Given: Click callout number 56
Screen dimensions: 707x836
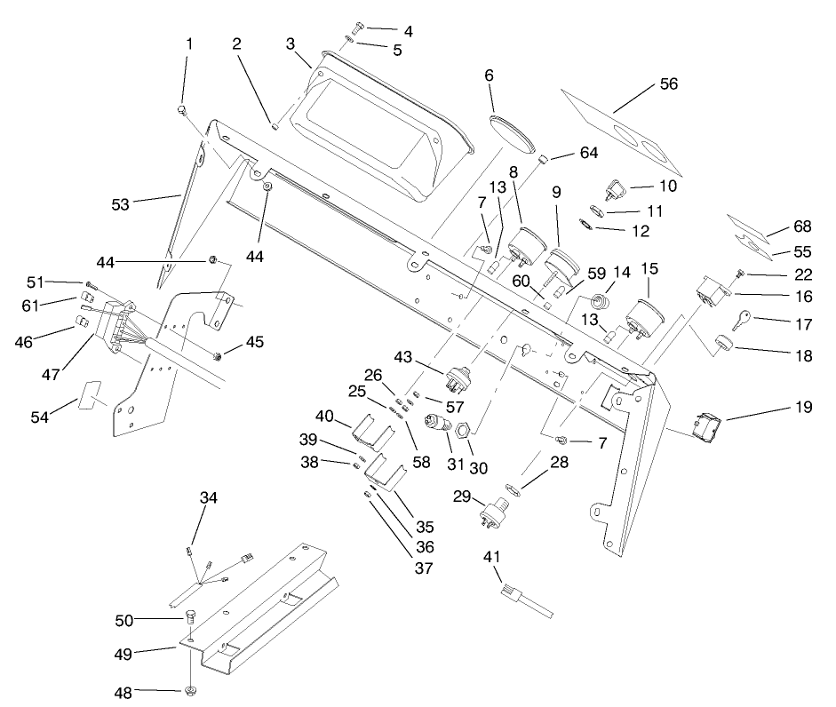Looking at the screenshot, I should [x=668, y=84].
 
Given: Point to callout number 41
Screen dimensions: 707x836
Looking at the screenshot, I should [x=491, y=557].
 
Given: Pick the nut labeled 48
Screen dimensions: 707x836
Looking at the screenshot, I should [x=190, y=690].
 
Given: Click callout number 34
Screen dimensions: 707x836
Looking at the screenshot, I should [x=208, y=498].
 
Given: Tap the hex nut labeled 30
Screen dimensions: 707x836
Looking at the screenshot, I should [x=463, y=430].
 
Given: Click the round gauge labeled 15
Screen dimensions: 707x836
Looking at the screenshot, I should [x=643, y=317].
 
